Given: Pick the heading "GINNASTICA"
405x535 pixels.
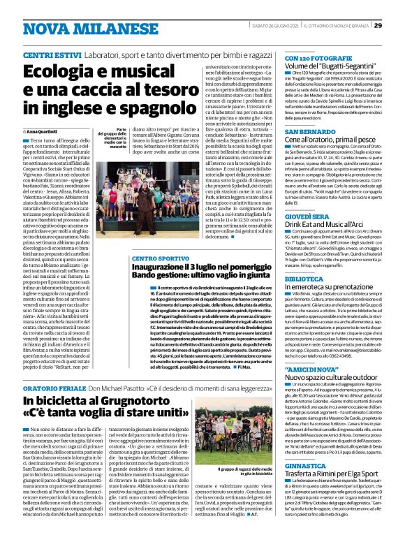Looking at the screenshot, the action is coord(288,464).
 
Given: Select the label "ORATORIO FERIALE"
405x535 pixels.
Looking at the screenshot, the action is coord(66,384).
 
